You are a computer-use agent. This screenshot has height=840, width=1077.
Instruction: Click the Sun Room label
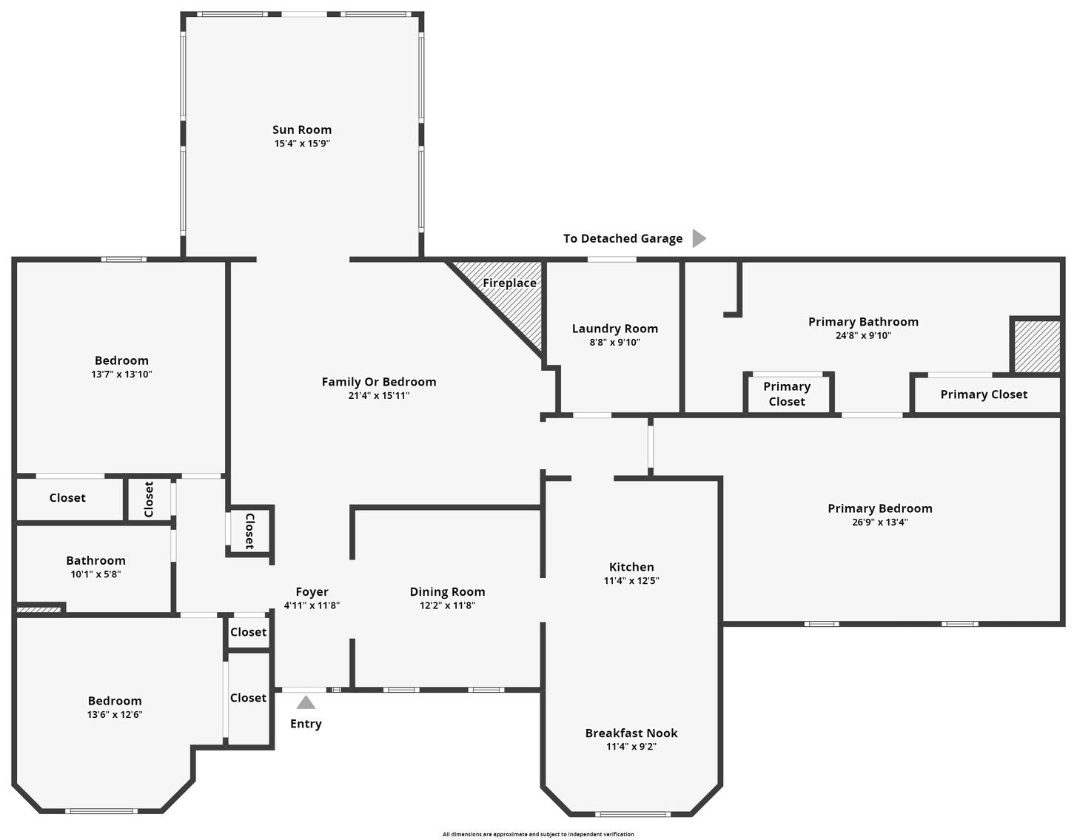tap(302, 130)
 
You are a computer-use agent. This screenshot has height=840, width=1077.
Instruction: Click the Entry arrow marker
tap(306, 702)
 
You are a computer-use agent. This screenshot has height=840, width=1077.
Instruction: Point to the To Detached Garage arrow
tap(698, 238)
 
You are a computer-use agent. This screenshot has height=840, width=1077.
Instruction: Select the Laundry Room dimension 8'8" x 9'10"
tap(614, 342)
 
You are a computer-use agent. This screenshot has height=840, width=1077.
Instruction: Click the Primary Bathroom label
tap(863, 321)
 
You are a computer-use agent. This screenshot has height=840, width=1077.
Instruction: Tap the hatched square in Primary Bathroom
tap(1036, 346)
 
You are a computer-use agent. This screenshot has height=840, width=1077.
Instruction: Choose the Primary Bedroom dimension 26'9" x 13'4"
tap(879, 522)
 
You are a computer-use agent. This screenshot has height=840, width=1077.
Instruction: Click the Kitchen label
tap(631, 567)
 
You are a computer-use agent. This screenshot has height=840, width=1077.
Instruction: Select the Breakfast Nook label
tap(631, 733)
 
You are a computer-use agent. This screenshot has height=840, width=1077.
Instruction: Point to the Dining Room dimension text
tap(447, 605)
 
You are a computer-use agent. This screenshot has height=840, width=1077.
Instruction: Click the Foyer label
tap(312, 591)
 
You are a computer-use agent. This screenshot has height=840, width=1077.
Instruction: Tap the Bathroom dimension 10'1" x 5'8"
tap(95, 574)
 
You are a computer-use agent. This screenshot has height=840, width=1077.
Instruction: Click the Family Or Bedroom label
tap(378, 382)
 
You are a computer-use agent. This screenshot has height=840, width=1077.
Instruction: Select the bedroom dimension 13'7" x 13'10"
tap(121, 374)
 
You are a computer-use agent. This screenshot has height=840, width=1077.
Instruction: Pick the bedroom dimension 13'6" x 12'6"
tap(115, 714)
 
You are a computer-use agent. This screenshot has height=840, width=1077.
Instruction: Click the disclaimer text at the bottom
tap(538, 834)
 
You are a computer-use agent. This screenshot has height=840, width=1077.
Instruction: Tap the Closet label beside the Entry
tap(248, 698)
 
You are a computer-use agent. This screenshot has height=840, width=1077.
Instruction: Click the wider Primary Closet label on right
tap(984, 394)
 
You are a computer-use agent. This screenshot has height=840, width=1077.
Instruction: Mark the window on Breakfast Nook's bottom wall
tap(633, 814)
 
